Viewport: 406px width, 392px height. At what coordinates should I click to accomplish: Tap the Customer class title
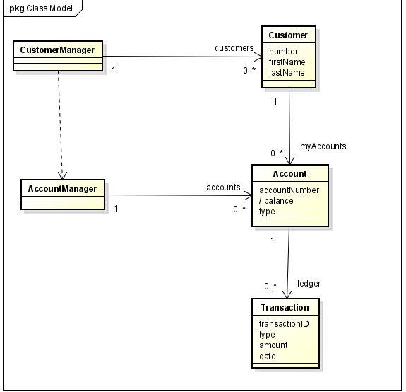click(x=289, y=35)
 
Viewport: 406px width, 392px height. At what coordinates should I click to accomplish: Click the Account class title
click(x=289, y=173)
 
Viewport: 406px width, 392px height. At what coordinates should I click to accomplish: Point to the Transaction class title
click(x=285, y=307)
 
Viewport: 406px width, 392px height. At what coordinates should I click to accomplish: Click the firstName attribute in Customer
click(x=287, y=62)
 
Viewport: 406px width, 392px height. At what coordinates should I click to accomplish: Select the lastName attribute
click(x=287, y=73)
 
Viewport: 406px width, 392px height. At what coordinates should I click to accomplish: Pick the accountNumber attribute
click(x=289, y=190)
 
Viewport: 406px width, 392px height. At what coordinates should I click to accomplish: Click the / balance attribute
click(x=276, y=201)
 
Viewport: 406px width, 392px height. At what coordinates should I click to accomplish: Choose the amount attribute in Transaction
click(x=273, y=345)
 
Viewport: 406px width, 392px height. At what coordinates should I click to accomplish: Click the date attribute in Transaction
click(x=267, y=357)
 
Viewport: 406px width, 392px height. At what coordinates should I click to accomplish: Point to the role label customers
click(x=234, y=48)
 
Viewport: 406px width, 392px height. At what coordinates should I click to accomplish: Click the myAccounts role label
click(x=323, y=146)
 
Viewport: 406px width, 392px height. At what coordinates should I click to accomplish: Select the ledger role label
click(x=309, y=284)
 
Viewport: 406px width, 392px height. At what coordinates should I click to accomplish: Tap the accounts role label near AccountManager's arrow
click(x=223, y=188)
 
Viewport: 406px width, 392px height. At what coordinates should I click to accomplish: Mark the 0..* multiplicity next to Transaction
click(x=270, y=287)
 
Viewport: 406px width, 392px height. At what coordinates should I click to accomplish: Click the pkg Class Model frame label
click(x=41, y=8)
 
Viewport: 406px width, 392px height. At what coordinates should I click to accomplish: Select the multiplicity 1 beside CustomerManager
click(x=114, y=70)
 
